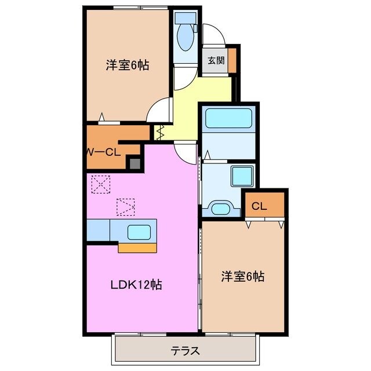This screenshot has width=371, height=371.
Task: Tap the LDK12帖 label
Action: click(x=136, y=285)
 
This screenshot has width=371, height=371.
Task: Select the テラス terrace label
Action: click(x=185, y=350)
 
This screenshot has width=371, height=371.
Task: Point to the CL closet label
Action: click(x=259, y=205)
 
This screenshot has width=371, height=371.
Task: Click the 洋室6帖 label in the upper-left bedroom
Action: click(x=127, y=66)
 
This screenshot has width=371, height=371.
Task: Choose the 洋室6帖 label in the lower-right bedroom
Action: click(x=242, y=277)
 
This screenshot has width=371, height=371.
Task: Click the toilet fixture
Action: click(x=185, y=35)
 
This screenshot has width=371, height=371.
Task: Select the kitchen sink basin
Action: click(x=139, y=232)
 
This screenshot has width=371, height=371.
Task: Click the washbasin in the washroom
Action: click(x=220, y=208)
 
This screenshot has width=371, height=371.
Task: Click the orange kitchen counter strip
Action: click(x=137, y=248)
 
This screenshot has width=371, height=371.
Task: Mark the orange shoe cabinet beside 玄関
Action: click(x=232, y=60)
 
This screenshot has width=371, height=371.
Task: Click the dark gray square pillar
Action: click(x=134, y=163)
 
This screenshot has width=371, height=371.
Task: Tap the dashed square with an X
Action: click(x=101, y=184)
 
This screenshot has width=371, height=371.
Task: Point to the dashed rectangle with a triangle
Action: click(x=126, y=206)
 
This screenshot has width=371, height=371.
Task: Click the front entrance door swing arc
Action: click(x=213, y=34)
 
